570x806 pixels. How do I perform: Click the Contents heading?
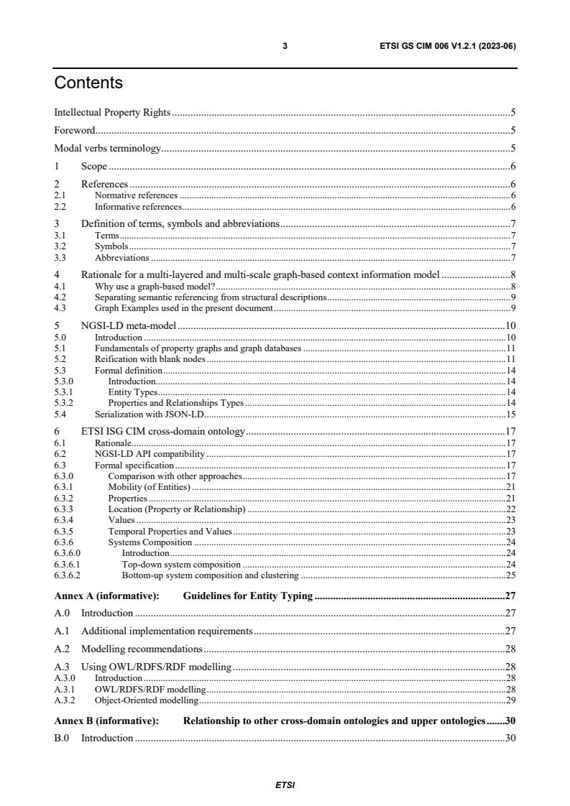coord(88,83)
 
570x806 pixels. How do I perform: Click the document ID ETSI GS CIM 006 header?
coord(448,46)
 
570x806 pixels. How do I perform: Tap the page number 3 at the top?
coord(285,46)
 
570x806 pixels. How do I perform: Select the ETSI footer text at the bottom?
coord(285,785)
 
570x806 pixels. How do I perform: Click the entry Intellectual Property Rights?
coord(112,112)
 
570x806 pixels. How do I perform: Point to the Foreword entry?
coord(75,131)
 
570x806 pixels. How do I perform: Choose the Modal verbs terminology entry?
coord(108,149)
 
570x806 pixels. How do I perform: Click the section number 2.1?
coord(60,195)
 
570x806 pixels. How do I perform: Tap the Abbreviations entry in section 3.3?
coord(121,257)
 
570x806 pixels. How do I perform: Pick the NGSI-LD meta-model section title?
coord(129,326)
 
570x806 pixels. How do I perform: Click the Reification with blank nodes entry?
coord(150,358)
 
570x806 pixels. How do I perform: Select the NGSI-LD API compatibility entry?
coord(150,454)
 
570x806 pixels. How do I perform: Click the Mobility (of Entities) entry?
coord(149,487)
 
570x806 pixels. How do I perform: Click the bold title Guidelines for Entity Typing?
coord(247,596)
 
